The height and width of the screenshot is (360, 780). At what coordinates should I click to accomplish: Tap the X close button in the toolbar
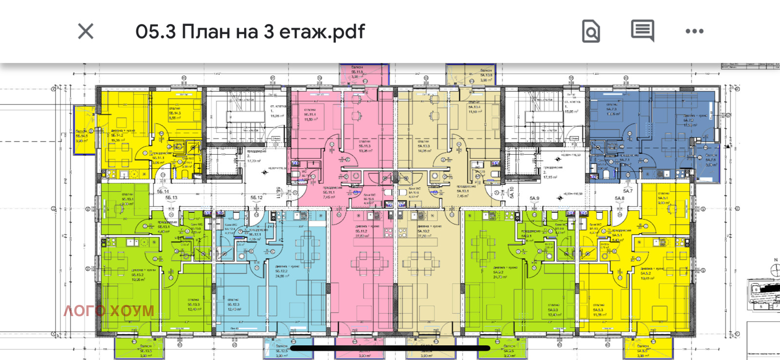coord(86,32)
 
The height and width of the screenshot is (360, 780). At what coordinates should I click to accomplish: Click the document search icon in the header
coord(591,32)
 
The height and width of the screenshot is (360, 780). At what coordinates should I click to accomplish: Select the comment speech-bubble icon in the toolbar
coord(643,31)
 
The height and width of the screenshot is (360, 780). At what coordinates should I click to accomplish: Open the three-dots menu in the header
coord(694,31)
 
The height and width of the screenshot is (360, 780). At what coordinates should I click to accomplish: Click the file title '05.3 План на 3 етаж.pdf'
coord(250,32)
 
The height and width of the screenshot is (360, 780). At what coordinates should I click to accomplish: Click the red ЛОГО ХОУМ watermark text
coord(109,311)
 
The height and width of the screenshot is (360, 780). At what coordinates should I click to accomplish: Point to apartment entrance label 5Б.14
coord(163,192)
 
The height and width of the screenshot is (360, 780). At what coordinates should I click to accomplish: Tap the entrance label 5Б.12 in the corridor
coord(256,198)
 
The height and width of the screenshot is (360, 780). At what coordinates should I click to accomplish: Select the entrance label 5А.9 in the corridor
coord(534,199)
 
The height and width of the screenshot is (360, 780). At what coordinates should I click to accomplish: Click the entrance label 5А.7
coord(627,191)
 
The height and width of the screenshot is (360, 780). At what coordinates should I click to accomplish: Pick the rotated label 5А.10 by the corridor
coord(512,192)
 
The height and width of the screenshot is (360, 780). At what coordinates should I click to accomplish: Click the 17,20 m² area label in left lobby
coord(254,160)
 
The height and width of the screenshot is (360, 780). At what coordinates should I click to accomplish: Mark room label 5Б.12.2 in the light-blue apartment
coord(281,271)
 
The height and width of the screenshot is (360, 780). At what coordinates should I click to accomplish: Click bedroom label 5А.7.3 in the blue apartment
coord(612,109)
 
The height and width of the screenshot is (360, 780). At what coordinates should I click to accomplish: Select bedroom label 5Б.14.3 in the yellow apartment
coord(175,113)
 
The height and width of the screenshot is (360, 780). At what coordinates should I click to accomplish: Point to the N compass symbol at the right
coord(776,267)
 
